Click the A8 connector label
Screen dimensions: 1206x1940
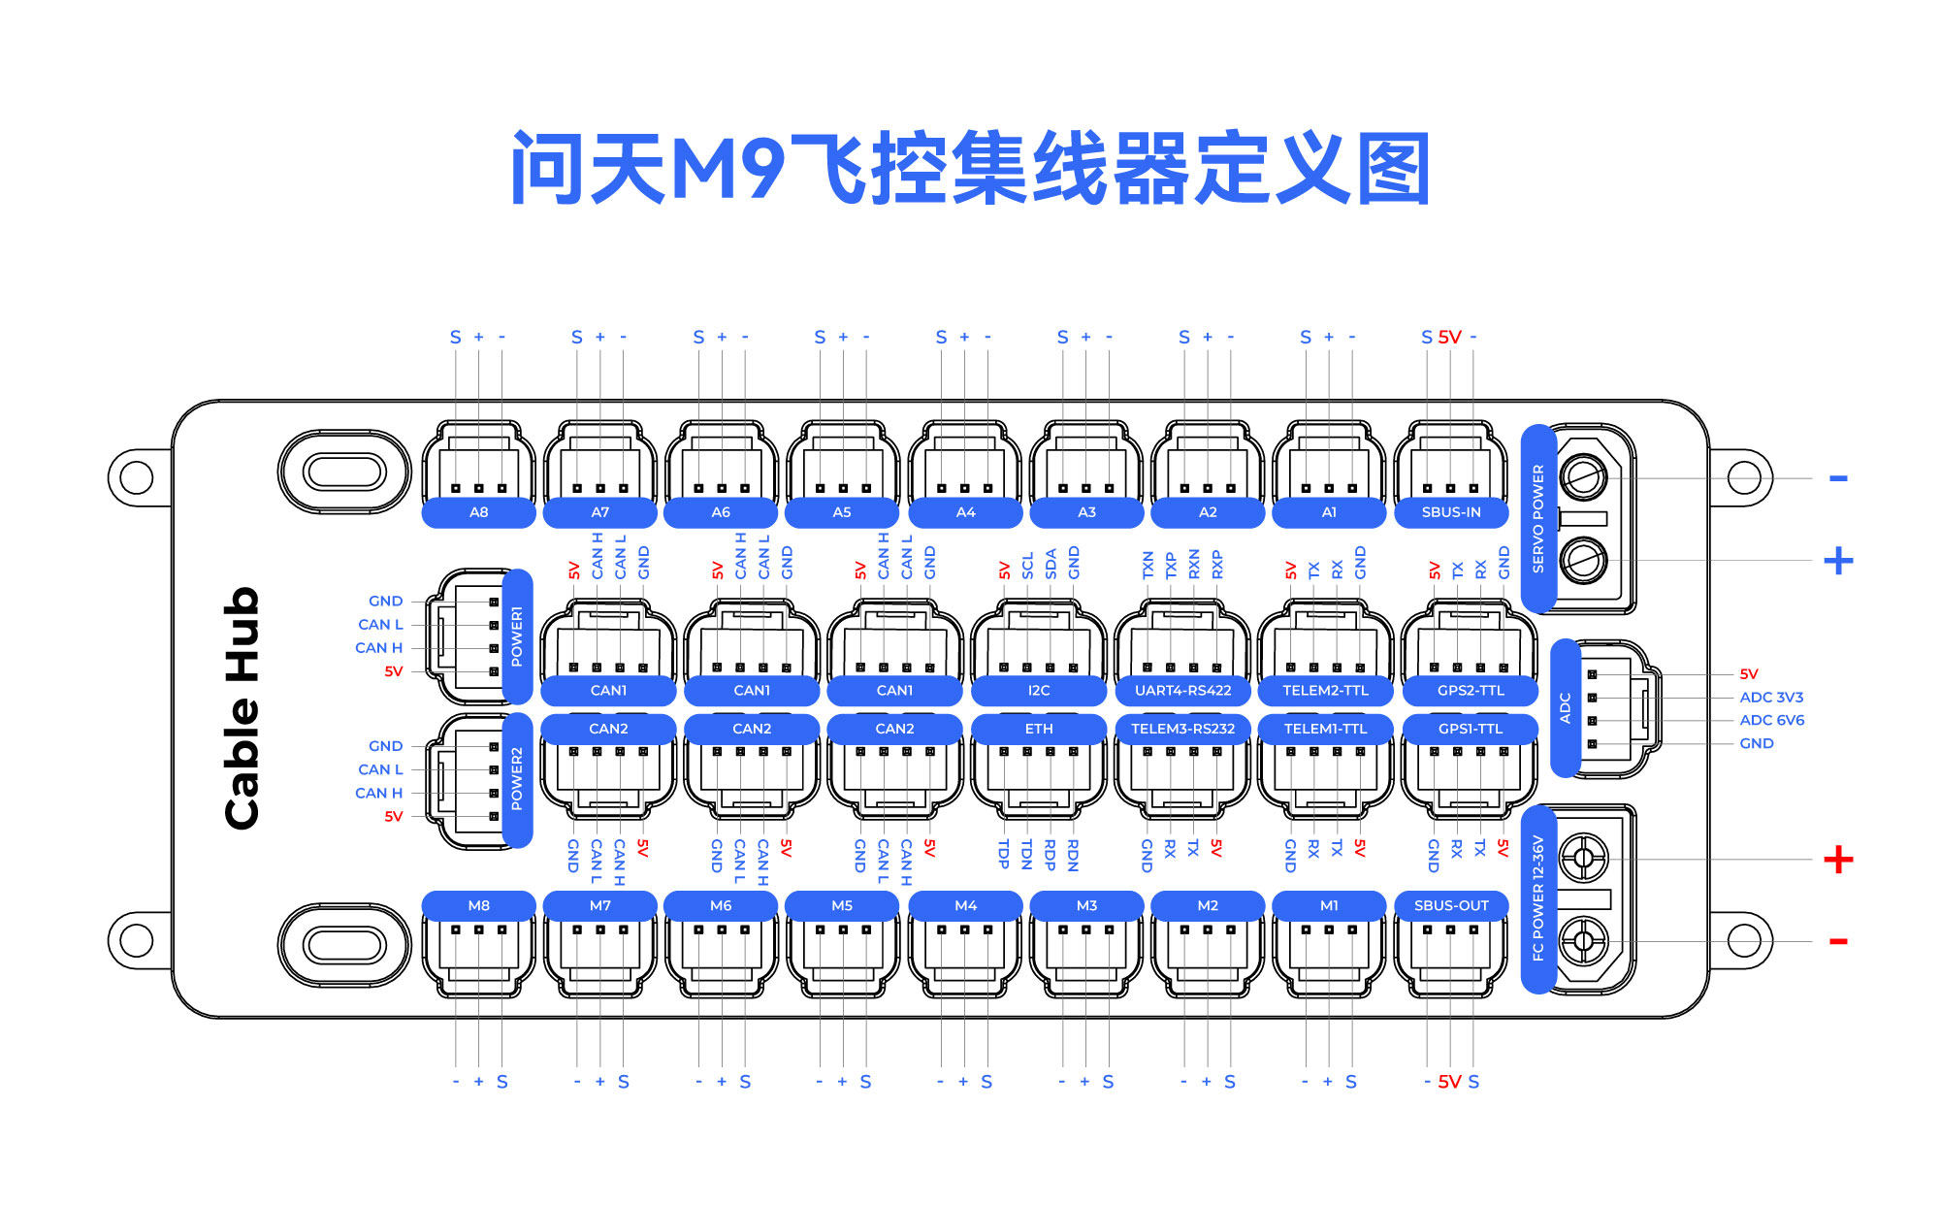click(478, 512)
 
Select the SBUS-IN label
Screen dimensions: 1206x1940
click(1451, 512)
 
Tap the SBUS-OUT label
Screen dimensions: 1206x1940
click(1451, 905)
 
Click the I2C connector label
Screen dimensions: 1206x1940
click(1039, 691)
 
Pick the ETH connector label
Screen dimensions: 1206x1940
click(1039, 729)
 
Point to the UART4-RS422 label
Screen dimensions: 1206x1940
click(1182, 691)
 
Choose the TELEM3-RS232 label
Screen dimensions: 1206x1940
click(1182, 729)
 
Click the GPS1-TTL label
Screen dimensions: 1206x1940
click(1471, 729)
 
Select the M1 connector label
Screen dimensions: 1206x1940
click(1329, 905)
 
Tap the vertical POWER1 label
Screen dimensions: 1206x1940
click(517, 636)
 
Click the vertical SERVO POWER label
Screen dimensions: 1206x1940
click(1538, 518)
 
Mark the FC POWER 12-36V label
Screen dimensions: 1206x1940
click(1538, 898)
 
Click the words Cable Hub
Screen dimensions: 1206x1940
click(242, 708)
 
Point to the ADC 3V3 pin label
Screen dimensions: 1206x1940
click(1771, 698)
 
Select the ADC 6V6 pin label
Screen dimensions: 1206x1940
click(1771, 721)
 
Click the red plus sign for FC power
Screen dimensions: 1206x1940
click(1838, 860)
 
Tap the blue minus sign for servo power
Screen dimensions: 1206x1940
click(1838, 478)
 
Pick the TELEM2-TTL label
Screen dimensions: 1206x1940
click(1326, 691)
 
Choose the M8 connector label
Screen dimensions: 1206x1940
click(478, 905)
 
